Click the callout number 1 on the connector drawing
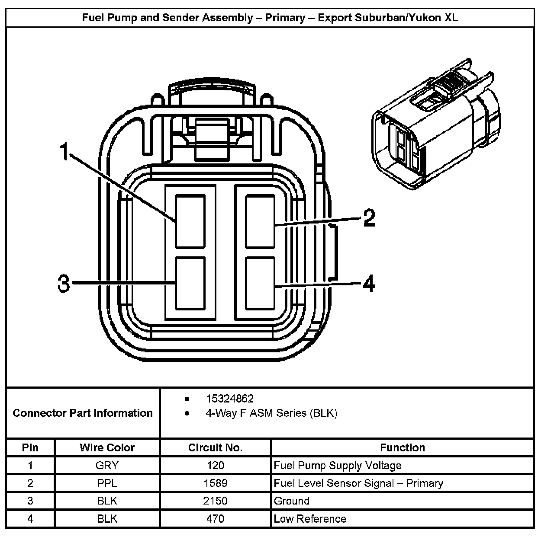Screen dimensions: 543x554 (64, 152)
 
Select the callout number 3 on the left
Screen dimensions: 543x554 (64, 284)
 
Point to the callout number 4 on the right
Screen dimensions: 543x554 (368, 284)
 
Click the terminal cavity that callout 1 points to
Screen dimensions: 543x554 (190, 221)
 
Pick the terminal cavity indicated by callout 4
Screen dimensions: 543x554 (260, 283)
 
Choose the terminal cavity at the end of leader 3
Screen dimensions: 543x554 (190, 283)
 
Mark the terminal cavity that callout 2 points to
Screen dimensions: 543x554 (260, 221)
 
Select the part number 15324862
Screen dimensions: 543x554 (229, 399)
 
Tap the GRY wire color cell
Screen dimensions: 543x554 (107, 466)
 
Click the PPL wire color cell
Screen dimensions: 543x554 (107, 483)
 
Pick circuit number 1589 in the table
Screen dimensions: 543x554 (215, 483)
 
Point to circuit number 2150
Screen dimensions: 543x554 (215, 501)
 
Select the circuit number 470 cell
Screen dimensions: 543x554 (215, 519)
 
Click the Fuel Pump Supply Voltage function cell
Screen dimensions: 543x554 (338, 466)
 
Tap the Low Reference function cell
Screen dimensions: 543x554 (310, 519)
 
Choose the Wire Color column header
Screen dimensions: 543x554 (107, 447)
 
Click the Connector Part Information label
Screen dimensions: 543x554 (83, 413)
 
